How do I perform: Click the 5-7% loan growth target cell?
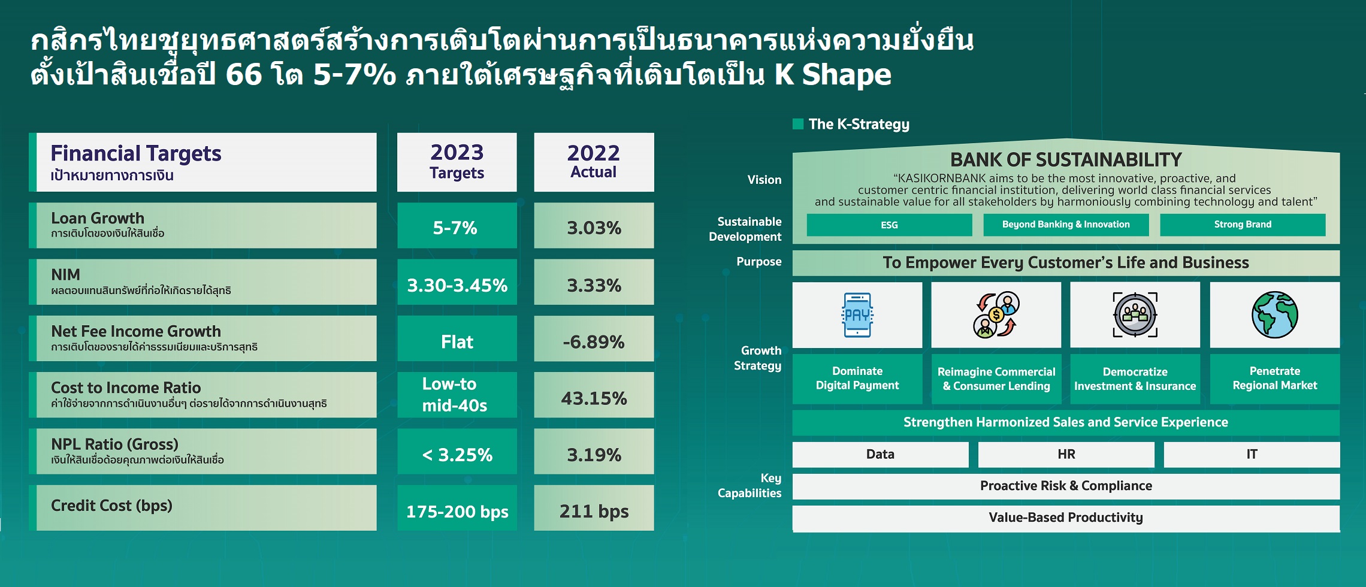click(457, 225)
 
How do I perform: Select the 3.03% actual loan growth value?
click(594, 228)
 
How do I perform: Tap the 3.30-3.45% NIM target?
click(457, 285)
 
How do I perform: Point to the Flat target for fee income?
click(457, 341)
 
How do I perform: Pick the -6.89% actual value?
click(594, 342)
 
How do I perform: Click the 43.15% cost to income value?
click(594, 398)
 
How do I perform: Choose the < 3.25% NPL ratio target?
click(457, 455)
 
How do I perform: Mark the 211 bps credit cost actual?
click(594, 511)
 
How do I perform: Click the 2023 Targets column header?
click(457, 162)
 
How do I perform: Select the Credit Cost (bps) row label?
click(111, 506)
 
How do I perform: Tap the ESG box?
click(889, 225)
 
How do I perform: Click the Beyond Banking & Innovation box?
click(1066, 225)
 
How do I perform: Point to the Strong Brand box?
click(1243, 225)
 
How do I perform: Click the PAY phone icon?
click(857, 314)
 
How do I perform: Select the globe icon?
click(1274, 315)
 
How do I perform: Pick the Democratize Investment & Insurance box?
click(1135, 379)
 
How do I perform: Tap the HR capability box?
click(1066, 455)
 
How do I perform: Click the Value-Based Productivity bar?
click(1066, 518)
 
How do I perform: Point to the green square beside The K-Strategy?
click(797, 124)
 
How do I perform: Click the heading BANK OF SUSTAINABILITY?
click(1066, 159)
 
